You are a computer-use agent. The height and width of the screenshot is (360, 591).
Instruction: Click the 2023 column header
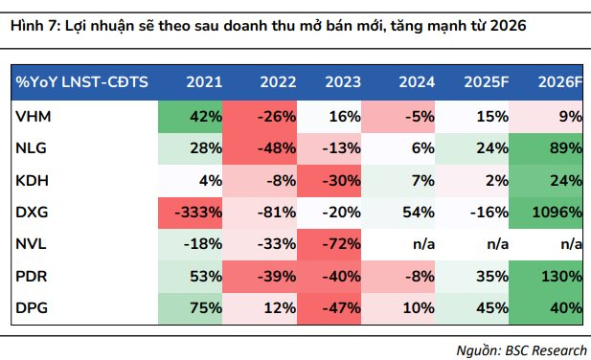[x=343, y=82]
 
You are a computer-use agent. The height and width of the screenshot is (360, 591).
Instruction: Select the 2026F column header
[x=560, y=82]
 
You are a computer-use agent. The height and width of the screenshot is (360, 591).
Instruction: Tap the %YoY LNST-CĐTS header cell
[x=81, y=82]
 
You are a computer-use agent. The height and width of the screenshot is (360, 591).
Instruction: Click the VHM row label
[x=34, y=117]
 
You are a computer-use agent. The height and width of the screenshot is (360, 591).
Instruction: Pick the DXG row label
[x=32, y=213]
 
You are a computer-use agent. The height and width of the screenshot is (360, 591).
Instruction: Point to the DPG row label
[x=32, y=308]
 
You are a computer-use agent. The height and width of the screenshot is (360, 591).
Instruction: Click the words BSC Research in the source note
[x=546, y=350]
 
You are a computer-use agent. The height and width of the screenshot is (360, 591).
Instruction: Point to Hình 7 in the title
[x=34, y=26]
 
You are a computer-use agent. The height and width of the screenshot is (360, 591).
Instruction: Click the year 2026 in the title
[x=508, y=26]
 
